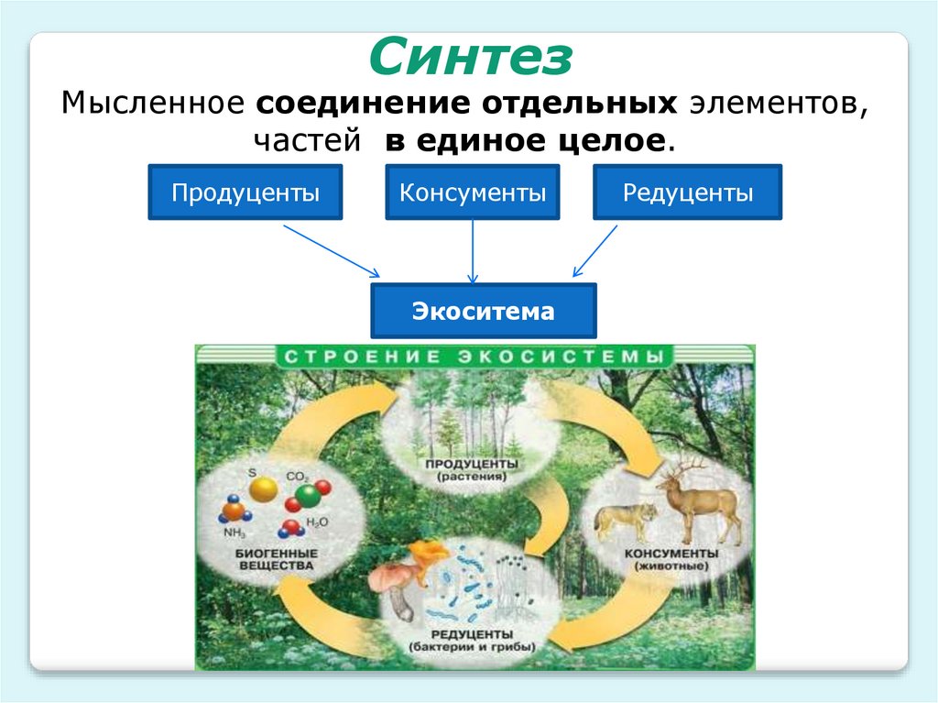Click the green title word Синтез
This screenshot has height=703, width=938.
coord(471,58)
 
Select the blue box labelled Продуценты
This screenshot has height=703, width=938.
coord(245,192)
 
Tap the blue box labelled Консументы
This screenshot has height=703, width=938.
coord(473,192)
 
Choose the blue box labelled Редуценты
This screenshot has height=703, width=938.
coord(688,192)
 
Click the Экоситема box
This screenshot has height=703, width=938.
coord(483,311)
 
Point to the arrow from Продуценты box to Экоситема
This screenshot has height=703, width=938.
coord(331,248)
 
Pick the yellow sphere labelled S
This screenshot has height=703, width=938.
coord(263,489)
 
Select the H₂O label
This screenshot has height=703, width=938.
coord(316,522)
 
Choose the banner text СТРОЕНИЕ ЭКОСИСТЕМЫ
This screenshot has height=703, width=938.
coord(473,356)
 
